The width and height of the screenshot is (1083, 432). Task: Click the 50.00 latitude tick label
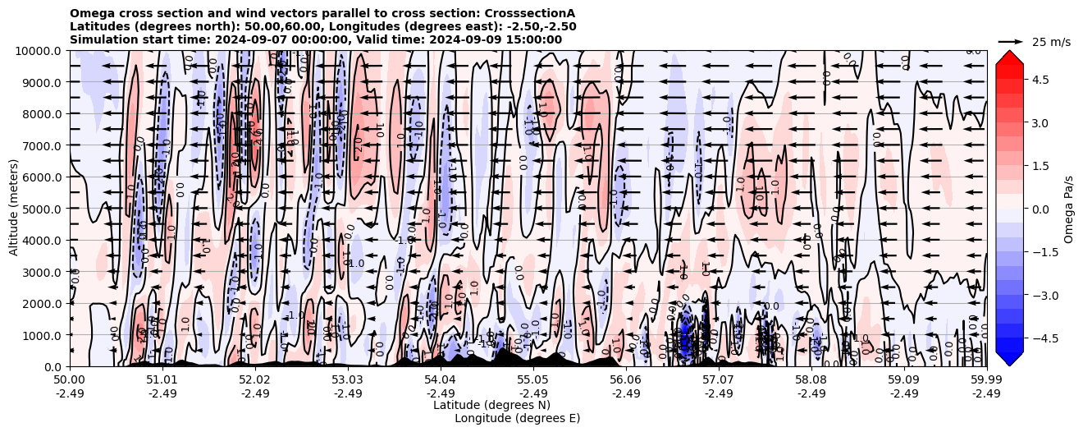click(70, 380)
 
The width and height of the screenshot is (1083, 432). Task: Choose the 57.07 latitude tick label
click(719, 380)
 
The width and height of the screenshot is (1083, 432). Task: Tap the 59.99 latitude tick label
click(986, 380)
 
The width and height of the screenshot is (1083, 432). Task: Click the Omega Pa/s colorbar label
click(1068, 209)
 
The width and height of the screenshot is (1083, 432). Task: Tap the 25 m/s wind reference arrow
click(1011, 41)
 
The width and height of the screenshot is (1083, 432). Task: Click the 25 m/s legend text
click(1051, 41)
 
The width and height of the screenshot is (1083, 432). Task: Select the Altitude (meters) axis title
click(14, 209)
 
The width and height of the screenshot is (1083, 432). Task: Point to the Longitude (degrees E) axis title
click(517, 418)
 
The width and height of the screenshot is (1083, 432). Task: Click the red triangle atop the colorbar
click(1009, 56)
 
